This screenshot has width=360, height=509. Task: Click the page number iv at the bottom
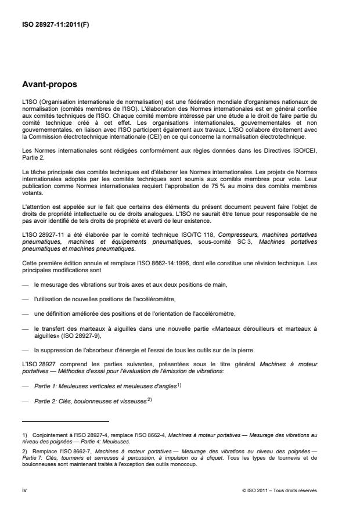pyautogui.click(x=24, y=490)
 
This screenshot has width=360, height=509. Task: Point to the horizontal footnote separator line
pyautogui.click(x=65, y=421)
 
